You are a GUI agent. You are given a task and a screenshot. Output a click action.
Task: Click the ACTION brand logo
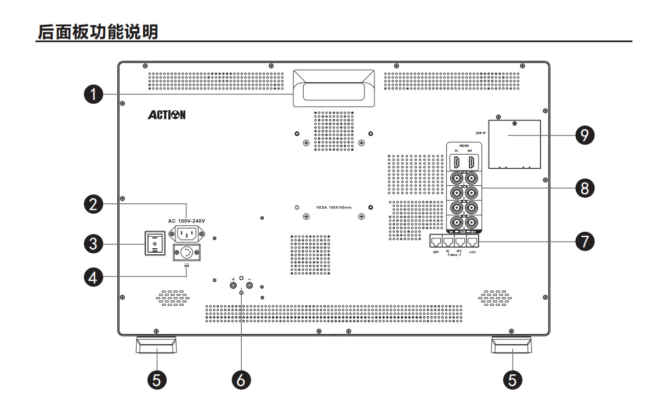166,115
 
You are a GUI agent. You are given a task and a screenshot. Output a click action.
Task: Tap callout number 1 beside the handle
94,94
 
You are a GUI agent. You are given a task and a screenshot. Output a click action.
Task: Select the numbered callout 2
94,204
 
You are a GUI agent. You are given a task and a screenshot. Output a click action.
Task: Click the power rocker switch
155,243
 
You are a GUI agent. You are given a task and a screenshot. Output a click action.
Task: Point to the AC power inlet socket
186,234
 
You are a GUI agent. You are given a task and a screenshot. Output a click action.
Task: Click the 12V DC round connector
186,253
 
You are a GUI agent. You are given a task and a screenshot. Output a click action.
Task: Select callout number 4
94,277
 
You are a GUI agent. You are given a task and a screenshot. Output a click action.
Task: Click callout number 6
241,379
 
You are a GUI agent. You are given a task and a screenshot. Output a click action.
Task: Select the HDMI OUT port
471,163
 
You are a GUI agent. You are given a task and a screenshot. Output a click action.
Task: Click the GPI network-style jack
436,241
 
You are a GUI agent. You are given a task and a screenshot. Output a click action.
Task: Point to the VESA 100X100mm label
333,208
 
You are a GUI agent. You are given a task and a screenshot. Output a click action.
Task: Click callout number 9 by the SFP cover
586,134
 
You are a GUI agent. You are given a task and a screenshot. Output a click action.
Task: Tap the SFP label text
479,133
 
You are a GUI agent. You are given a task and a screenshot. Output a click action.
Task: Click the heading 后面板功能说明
97,32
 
